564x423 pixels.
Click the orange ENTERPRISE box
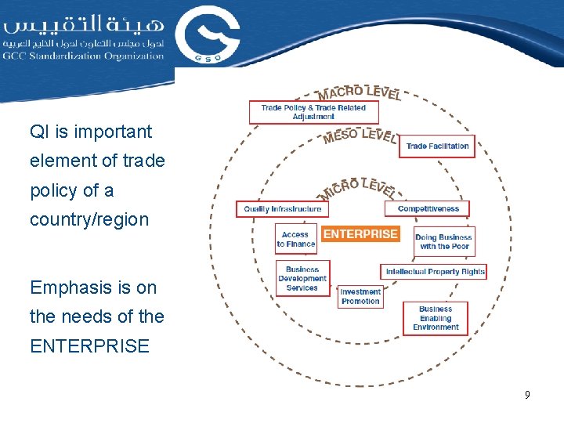(360, 233)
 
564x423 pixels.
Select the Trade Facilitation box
(437, 146)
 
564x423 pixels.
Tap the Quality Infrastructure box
(282, 209)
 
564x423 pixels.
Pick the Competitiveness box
(427, 208)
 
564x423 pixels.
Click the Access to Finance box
(295, 239)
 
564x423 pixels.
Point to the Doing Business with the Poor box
(443, 242)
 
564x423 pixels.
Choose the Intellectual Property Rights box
(435, 272)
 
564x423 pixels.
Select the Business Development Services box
(302, 279)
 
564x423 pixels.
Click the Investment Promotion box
(360, 296)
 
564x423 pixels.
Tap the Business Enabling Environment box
(435, 318)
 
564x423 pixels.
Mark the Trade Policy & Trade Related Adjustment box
(313, 112)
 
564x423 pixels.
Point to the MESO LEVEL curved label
(360, 136)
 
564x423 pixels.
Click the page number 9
(527, 395)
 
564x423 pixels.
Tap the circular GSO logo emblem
(207, 34)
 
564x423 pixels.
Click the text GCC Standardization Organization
(83, 56)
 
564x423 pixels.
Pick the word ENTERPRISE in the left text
(89, 346)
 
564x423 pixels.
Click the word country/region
(89, 219)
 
